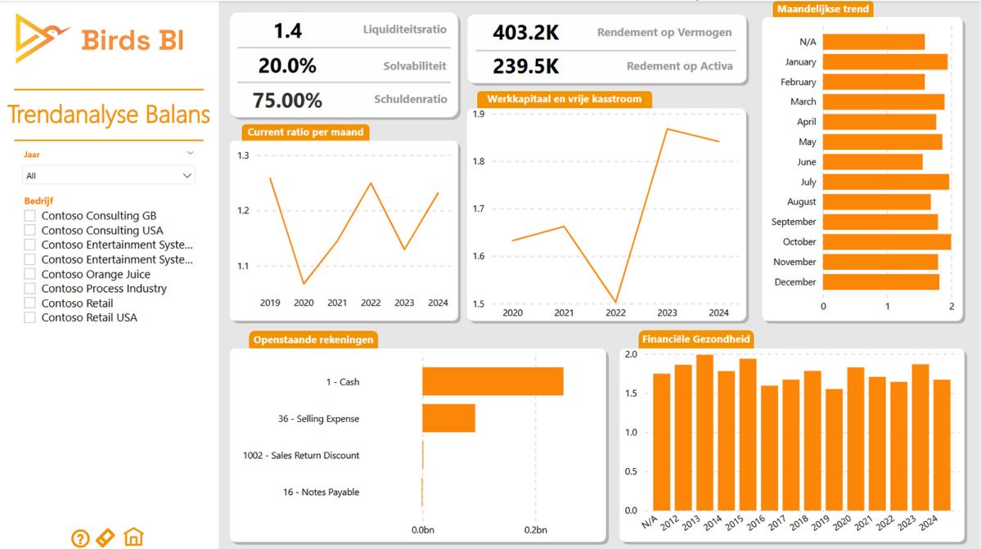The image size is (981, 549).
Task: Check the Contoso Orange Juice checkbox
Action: click(30, 274)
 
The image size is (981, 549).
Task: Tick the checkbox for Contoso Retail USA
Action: click(30, 317)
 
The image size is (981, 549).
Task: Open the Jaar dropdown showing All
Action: click(108, 175)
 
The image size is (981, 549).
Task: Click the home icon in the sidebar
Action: click(133, 537)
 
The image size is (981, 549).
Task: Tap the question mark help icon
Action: click(80, 538)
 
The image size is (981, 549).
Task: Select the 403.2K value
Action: click(525, 33)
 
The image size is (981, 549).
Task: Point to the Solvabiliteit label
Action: click(415, 65)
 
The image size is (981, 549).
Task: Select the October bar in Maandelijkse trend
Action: click(886, 241)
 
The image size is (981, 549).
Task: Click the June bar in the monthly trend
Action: click(872, 162)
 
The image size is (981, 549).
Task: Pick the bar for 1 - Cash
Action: click(493, 381)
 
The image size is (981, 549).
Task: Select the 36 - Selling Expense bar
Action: click(448, 418)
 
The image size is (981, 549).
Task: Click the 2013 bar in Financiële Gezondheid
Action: click(704, 434)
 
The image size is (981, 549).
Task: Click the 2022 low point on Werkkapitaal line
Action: click(615, 302)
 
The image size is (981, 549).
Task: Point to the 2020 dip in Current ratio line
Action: click(304, 284)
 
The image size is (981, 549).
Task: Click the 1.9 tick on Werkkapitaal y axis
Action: click(478, 114)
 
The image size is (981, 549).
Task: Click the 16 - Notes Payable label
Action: click(321, 492)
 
